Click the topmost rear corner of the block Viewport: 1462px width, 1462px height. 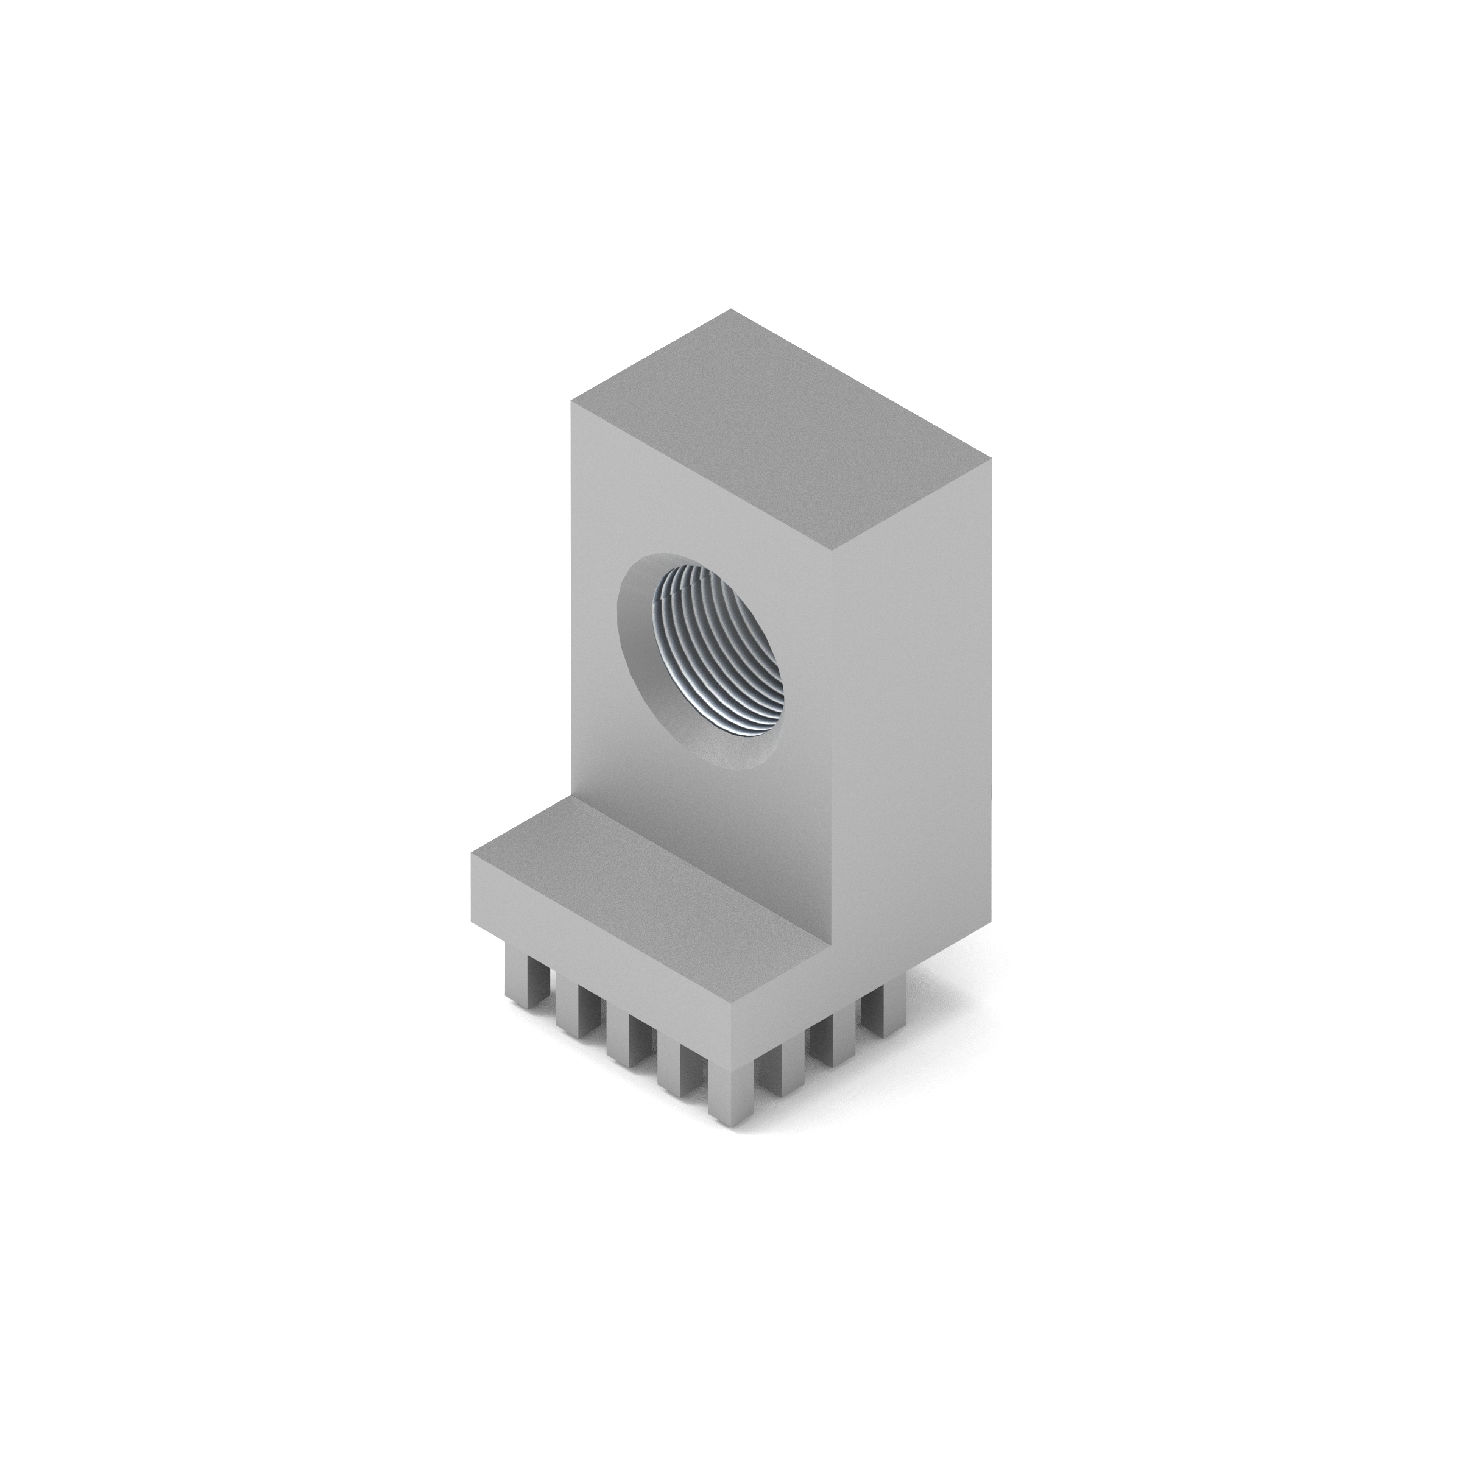point(731,309)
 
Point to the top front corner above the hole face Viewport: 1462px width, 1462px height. point(831,550)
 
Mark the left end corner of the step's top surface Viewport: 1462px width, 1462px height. point(473,853)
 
